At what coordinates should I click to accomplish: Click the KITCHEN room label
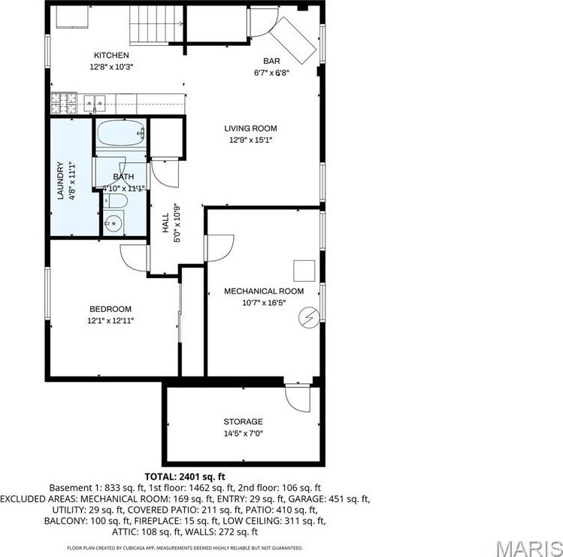(111, 56)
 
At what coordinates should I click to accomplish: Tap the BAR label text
(271, 62)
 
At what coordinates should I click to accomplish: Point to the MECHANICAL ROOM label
(264, 292)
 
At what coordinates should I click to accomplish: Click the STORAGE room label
(243, 422)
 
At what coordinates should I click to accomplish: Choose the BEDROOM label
(110, 309)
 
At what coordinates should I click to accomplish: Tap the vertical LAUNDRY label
(60, 181)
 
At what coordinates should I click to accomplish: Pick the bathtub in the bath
(120, 135)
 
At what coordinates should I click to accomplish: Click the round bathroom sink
(114, 223)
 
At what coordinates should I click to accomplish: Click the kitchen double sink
(95, 101)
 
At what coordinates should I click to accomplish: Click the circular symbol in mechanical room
(308, 317)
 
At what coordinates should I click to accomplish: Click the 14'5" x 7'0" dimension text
(243, 433)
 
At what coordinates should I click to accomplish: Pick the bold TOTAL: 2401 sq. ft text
(185, 477)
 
